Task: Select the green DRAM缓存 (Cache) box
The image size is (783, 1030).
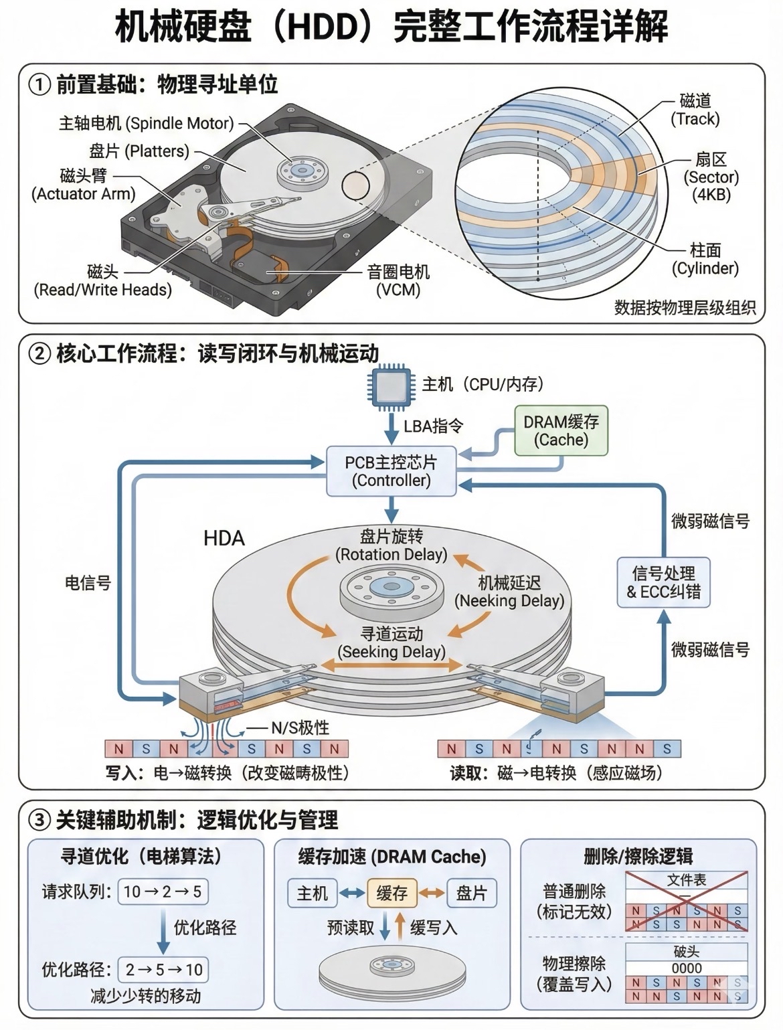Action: click(561, 431)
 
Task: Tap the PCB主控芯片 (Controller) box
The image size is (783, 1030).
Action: click(391, 471)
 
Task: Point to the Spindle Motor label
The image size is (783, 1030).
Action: click(147, 123)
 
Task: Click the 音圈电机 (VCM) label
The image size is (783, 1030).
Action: click(398, 280)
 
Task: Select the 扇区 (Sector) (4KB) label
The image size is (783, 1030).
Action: click(711, 177)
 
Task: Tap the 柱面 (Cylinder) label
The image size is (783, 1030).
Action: click(705, 260)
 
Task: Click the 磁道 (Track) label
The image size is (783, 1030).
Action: click(695, 110)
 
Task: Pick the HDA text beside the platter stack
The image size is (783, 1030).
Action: click(224, 539)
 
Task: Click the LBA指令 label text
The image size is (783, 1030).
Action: click(434, 426)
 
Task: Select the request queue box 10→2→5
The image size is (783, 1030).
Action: click(162, 891)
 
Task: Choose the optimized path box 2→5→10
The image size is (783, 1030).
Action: click(163, 969)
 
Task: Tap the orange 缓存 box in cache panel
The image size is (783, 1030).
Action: click(392, 893)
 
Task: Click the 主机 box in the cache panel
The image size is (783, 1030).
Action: click(313, 893)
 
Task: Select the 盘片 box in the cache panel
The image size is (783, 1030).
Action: click(472, 893)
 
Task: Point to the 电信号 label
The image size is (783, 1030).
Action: click(87, 583)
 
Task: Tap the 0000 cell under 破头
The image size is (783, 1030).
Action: click(687, 968)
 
